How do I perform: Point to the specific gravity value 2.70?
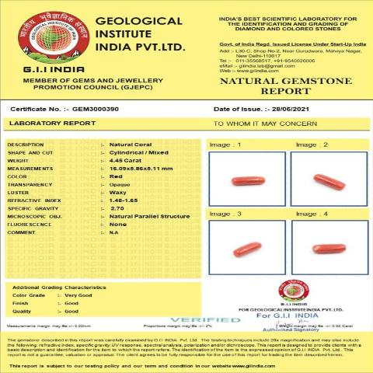point(117,208)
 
